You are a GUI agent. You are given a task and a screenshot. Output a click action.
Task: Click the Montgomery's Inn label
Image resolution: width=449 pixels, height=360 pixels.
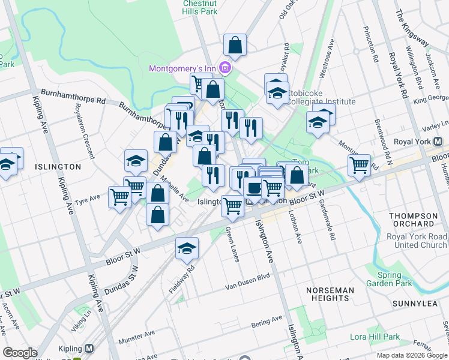coord(182,68)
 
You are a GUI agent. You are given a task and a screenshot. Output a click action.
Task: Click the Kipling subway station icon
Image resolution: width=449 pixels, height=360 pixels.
coord(89,349)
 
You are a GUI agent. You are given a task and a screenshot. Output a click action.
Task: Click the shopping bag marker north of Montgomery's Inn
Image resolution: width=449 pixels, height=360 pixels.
coord(235,44)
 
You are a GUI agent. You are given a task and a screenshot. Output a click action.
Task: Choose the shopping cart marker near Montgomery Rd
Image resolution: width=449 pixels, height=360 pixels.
coord(359,164)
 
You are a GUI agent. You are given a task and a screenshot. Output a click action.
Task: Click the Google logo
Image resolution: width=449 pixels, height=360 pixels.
coord(20,353)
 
